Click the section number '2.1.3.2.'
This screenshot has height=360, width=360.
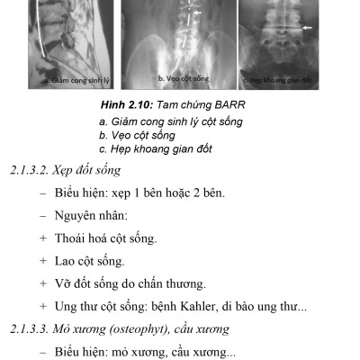click(x=25, y=170)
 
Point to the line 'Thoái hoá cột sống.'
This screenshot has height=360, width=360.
click(x=107, y=239)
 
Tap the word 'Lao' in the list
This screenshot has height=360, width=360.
click(x=68, y=262)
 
